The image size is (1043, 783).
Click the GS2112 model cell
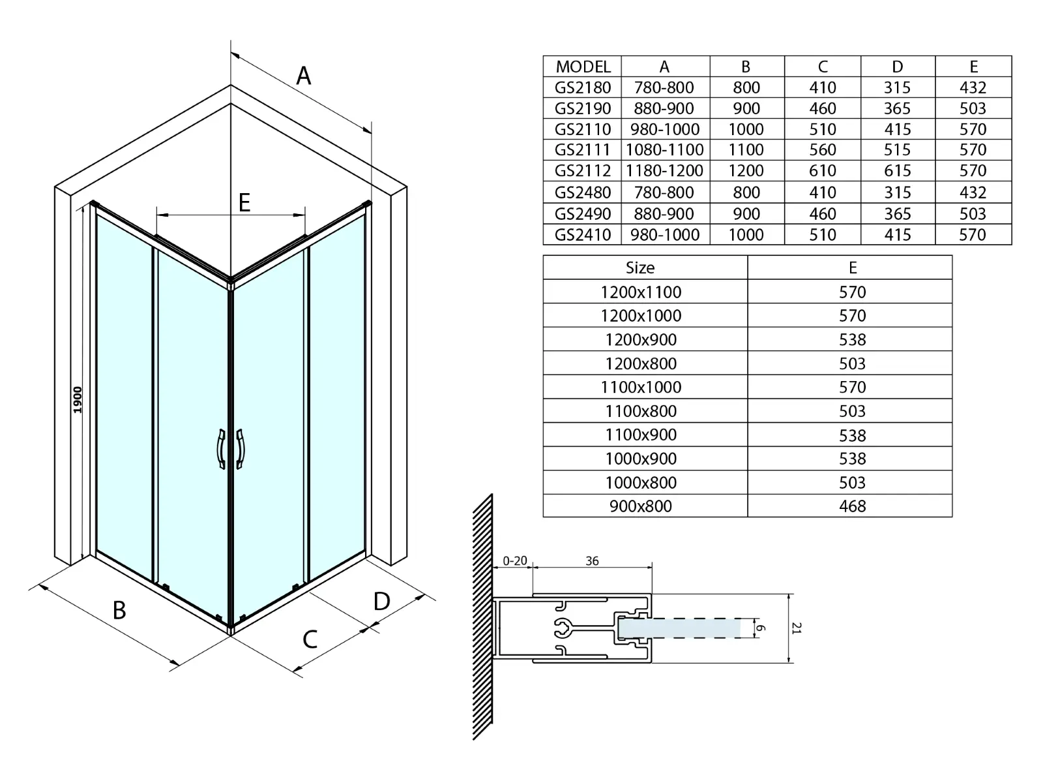582,171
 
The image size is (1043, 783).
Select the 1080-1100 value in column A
664,150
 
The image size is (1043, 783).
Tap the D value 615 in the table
897,171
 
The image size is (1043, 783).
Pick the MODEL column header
583,67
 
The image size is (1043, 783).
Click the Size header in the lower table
640,268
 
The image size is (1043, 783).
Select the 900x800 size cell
641,506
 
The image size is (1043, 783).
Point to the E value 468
853,506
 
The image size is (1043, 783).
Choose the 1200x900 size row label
641,339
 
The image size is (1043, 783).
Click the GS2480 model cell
582,192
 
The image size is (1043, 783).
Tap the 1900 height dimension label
78,399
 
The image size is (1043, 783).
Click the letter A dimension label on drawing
304,76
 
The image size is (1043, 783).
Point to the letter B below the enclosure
119,610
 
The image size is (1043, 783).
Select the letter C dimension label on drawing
310,639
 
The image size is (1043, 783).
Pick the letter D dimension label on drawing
382,602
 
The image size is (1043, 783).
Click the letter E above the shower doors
244,202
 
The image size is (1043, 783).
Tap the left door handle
221,449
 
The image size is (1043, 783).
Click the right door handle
241,449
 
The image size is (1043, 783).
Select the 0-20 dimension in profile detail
515,561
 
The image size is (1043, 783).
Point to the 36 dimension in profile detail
592,561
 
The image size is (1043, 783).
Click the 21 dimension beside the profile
797,628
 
